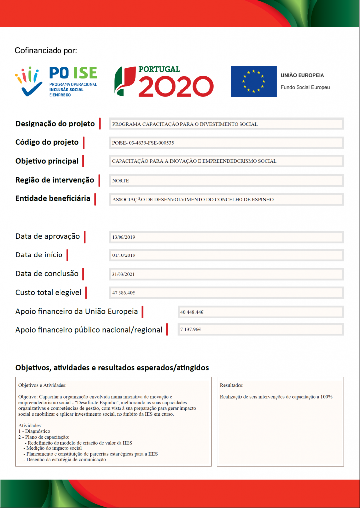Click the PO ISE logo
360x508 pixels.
pyautogui.click(x=56, y=81)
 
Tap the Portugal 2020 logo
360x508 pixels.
pyautogui.click(x=164, y=81)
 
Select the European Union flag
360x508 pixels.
pyautogui.click(x=253, y=81)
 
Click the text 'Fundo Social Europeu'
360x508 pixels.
pyautogui.click(x=305, y=87)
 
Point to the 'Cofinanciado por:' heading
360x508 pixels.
pyautogui.click(x=46, y=50)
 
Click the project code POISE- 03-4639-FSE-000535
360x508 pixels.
pyautogui.click(x=143, y=143)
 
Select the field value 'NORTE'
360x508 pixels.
pyautogui.click(x=120, y=181)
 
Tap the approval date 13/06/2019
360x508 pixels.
pyautogui.click(x=123, y=237)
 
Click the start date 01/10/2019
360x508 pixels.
pyautogui.click(x=123, y=255)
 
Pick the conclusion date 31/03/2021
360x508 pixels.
pyautogui.click(x=123, y=274)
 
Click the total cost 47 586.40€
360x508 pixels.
pyautogui.click(x=123, y=293)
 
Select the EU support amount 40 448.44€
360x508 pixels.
pyautogui.click(x=192, y=312)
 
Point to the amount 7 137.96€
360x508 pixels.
pyautogui.click(x=191, y=330)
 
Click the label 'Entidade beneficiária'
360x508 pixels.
pyautogui.click(x=53, y=198)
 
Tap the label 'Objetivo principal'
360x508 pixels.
pyautogui.click(x=47, y=161)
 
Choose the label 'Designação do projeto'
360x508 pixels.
pyautogui.click(x=55, y=124)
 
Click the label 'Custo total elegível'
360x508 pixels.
pyautogui.click(x=48, y=292)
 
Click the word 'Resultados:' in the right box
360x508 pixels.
pyautogui.click(x=232, y=385)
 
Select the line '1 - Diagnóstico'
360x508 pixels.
pyautogui.click(x=34, y=431)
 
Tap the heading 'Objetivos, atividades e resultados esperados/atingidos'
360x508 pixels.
pyautogui.click(x=112, y=368)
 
